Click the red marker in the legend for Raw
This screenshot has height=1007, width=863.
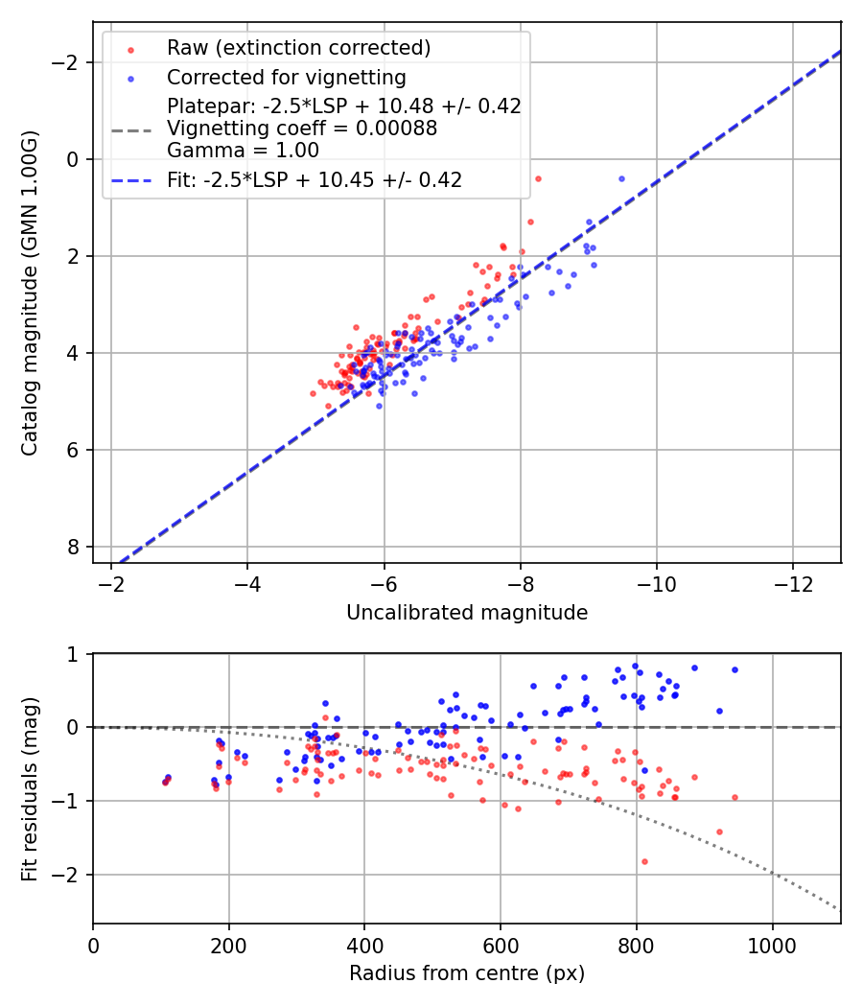click(130, 49)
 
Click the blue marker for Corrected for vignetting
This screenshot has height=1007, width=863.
click(130, 78)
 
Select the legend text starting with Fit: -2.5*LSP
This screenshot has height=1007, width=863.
click(315, 180)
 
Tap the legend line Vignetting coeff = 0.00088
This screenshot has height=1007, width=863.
click(302, 129)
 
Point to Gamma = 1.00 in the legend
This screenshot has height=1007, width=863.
click(243, 151)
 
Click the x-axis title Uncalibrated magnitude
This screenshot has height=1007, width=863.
click(467, 612)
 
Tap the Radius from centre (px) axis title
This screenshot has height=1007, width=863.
click(467, 973)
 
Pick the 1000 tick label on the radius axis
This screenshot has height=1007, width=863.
click(773, 945)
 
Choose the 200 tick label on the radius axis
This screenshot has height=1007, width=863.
click(228, 945)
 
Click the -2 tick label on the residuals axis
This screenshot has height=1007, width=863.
click(71, 876)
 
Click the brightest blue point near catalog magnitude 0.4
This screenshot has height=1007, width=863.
click(621, 178)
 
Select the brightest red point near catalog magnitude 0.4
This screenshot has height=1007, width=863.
click(538, 178)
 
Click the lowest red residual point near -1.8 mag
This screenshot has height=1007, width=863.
click(644, 861)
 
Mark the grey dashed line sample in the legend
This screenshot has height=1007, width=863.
click(130, 129)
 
